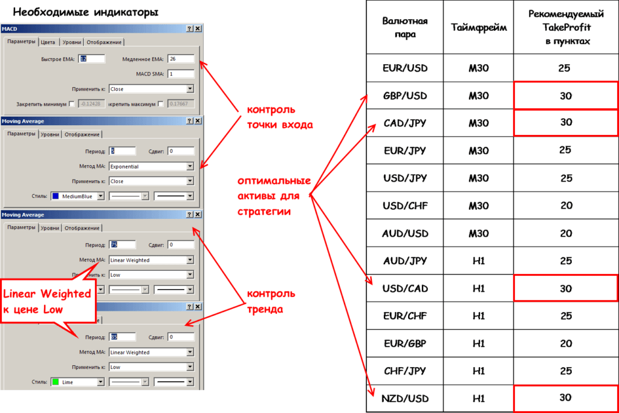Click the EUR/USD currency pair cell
404,68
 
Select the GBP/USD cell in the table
404,96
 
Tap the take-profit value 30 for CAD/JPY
565,122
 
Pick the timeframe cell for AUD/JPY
478,261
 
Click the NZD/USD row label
404,398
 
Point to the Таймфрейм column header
478,27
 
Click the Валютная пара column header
404,28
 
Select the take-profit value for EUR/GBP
565,343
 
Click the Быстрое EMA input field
92,59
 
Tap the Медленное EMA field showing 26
181,59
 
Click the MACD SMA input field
181,74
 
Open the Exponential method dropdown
151,166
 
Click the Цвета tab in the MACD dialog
48,42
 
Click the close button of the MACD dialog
198,29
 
